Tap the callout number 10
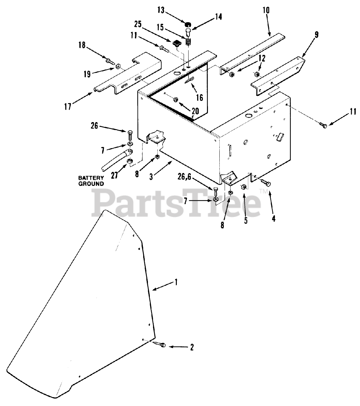tap(266, 10)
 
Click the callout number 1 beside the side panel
tap(177, 282)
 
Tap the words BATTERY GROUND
tap(91, 181)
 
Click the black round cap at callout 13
tap(188, 23)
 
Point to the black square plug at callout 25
tap(176, 43)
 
